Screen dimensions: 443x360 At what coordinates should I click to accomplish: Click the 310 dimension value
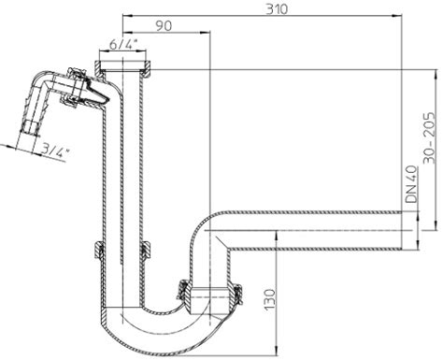(277, 9)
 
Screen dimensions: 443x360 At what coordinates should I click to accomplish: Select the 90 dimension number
(164, 26)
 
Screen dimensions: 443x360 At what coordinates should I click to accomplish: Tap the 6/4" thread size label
(123, 45)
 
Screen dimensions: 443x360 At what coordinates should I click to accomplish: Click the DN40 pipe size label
(412, 184)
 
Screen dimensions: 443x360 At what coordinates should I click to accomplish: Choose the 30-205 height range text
(430, 137)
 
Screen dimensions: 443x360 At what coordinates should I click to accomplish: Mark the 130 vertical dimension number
(270, 299)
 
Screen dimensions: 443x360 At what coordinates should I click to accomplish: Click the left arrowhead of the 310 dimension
(128, 15)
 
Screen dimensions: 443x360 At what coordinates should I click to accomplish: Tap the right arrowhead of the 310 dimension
(397, 15)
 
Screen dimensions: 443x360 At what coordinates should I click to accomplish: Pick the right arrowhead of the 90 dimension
(205, 32)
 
